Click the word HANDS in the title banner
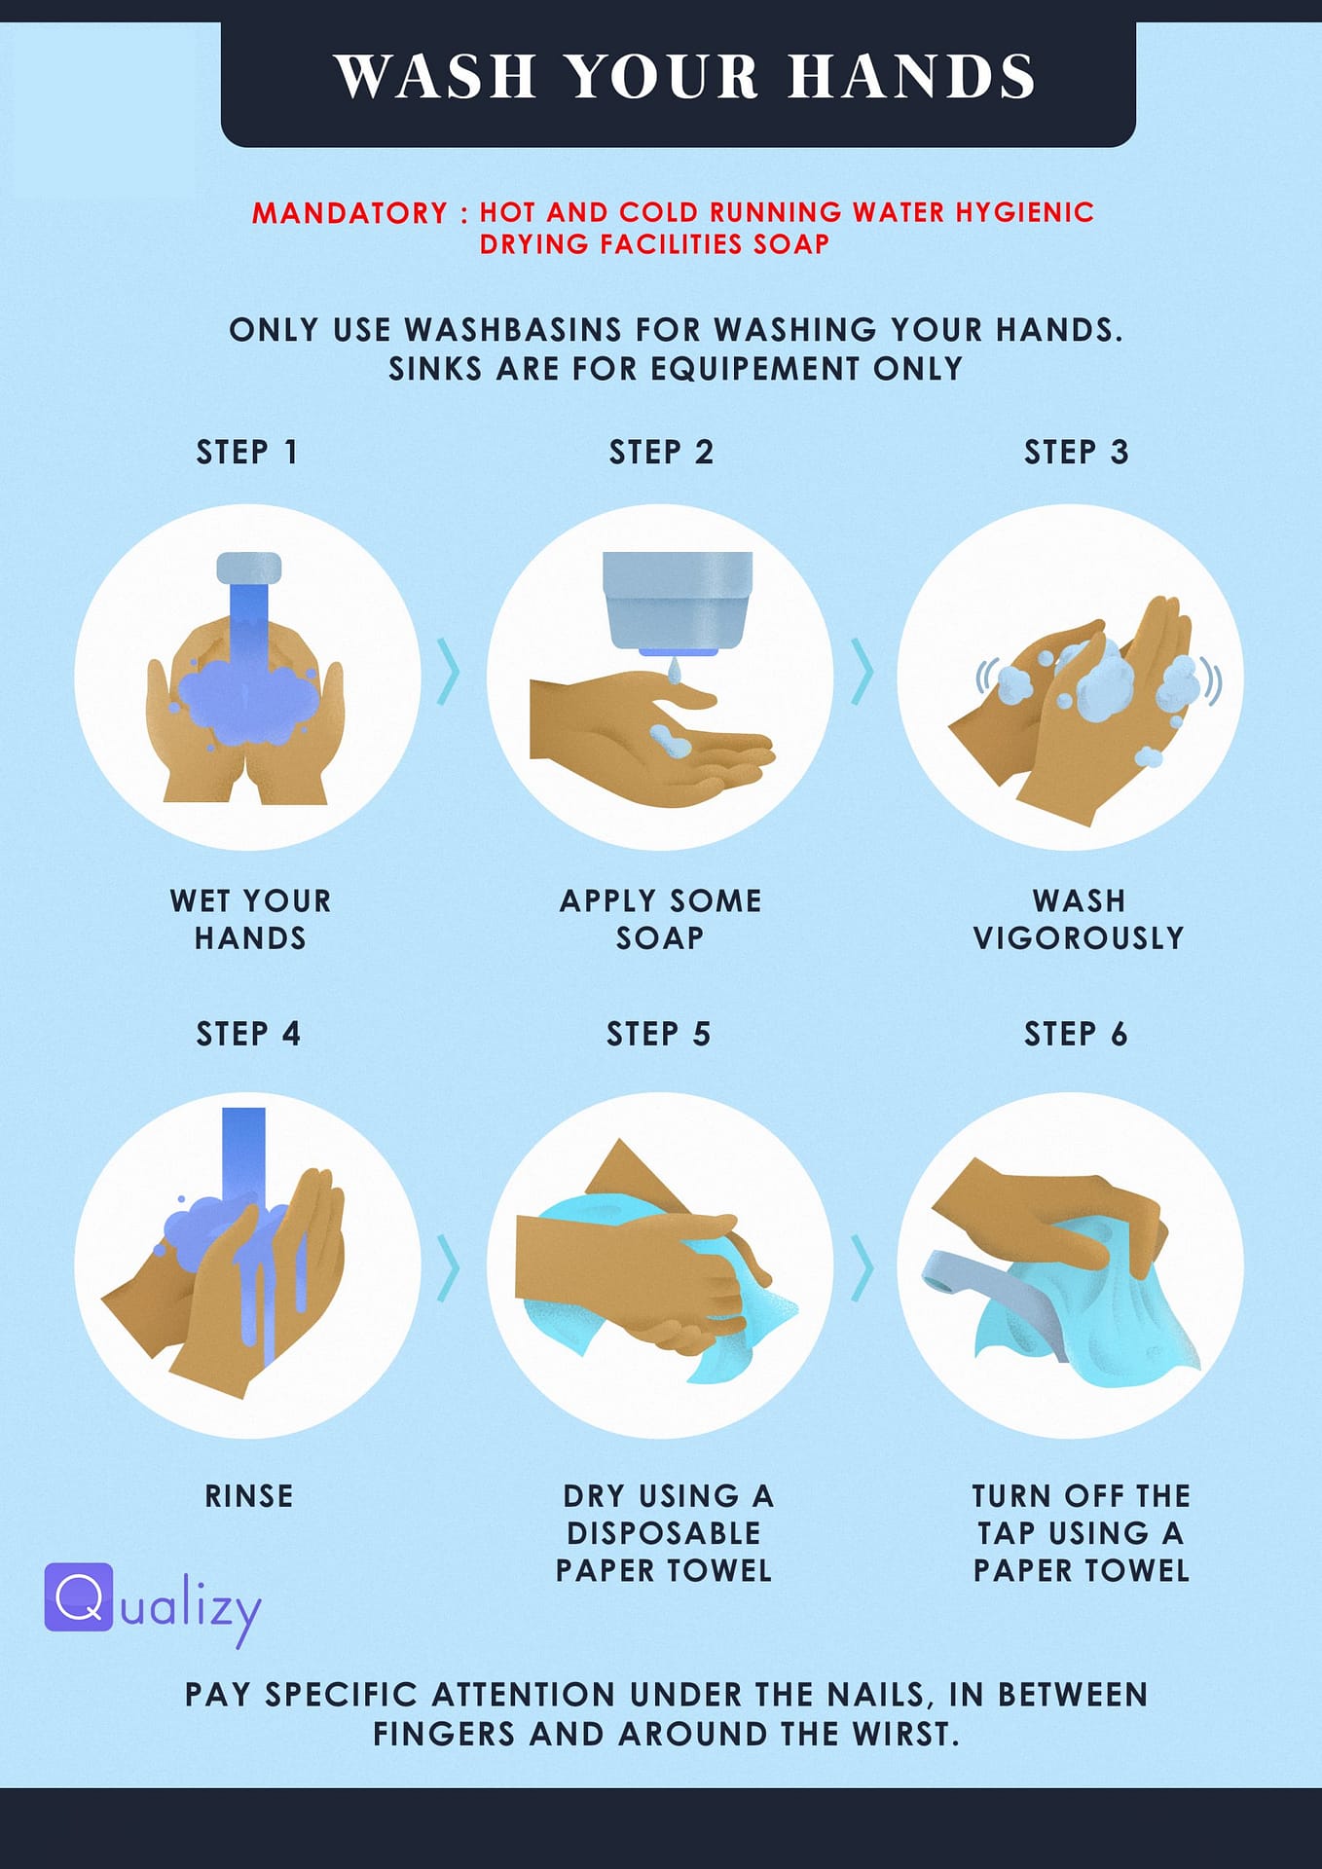[912, 76]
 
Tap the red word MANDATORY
[349, 213]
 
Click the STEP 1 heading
[247, 453]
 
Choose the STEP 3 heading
[1076, 453]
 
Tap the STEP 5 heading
[659, 1034]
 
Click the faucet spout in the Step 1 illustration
[248, 568]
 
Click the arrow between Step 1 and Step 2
[448, 672]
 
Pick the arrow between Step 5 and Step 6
[863, 1267]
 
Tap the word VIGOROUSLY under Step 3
[1079, 938]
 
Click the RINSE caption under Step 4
[249, 1496]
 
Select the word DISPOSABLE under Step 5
[664, 1534]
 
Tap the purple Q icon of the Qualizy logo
[79, 1597]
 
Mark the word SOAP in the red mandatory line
[791, 244]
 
